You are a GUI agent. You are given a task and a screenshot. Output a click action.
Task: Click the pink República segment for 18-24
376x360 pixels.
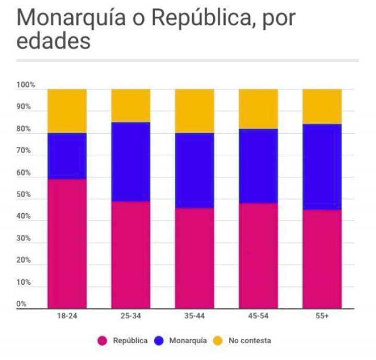click(67, 243)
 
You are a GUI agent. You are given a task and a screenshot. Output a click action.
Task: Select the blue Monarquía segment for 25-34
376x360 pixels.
click(131, 161)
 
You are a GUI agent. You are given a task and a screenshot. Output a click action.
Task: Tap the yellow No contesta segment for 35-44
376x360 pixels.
click(194, 111)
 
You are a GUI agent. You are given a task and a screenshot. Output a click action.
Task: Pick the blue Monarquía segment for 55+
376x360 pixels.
click(322, 167)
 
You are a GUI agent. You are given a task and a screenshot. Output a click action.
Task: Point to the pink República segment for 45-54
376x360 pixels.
click(258, 255)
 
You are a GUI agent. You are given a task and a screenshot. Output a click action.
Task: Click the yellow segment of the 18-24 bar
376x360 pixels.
click(67, 111)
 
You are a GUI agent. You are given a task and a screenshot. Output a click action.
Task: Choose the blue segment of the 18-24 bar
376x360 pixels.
click(67, 156)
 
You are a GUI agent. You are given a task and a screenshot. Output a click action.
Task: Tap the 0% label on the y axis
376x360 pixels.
click(21, 304)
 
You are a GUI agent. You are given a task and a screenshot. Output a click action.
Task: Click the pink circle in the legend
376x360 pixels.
click(102, 341)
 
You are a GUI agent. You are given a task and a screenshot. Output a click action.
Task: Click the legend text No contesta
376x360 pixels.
click(250, 341)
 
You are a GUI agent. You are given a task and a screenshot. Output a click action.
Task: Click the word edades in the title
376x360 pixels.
click(53, 41)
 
